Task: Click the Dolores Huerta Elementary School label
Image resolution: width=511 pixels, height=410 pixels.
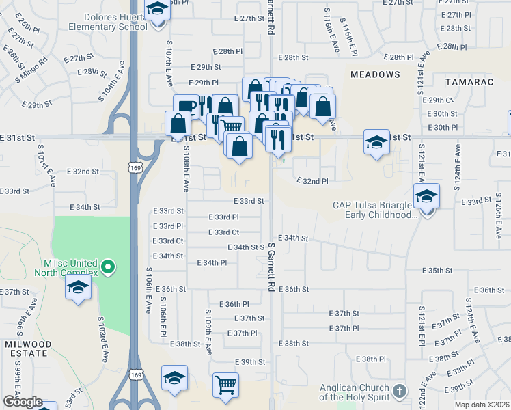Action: tap(108, 20)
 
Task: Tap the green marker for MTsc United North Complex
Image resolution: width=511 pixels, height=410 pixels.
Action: tap(107, 265)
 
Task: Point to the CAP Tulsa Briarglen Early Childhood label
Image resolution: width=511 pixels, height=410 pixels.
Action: tap(374, 209)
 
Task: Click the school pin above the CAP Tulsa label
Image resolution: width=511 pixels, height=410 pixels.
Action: tap(427, 197)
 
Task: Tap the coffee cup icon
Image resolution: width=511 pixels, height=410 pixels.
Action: tap(185, 107)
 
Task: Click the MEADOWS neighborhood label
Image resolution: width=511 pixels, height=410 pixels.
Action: tap(375, 74)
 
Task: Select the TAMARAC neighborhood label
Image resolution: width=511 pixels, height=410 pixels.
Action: tap(469, 81)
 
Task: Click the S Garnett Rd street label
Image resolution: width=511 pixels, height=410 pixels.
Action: tap(271, 266)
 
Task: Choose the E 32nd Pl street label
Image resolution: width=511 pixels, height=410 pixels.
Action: tap(312, 181)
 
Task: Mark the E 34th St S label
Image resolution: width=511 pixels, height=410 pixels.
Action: tap(246, 247)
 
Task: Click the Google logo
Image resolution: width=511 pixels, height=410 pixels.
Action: tap(23, 402)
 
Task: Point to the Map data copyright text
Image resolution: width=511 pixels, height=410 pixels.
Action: tap(482, 405)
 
